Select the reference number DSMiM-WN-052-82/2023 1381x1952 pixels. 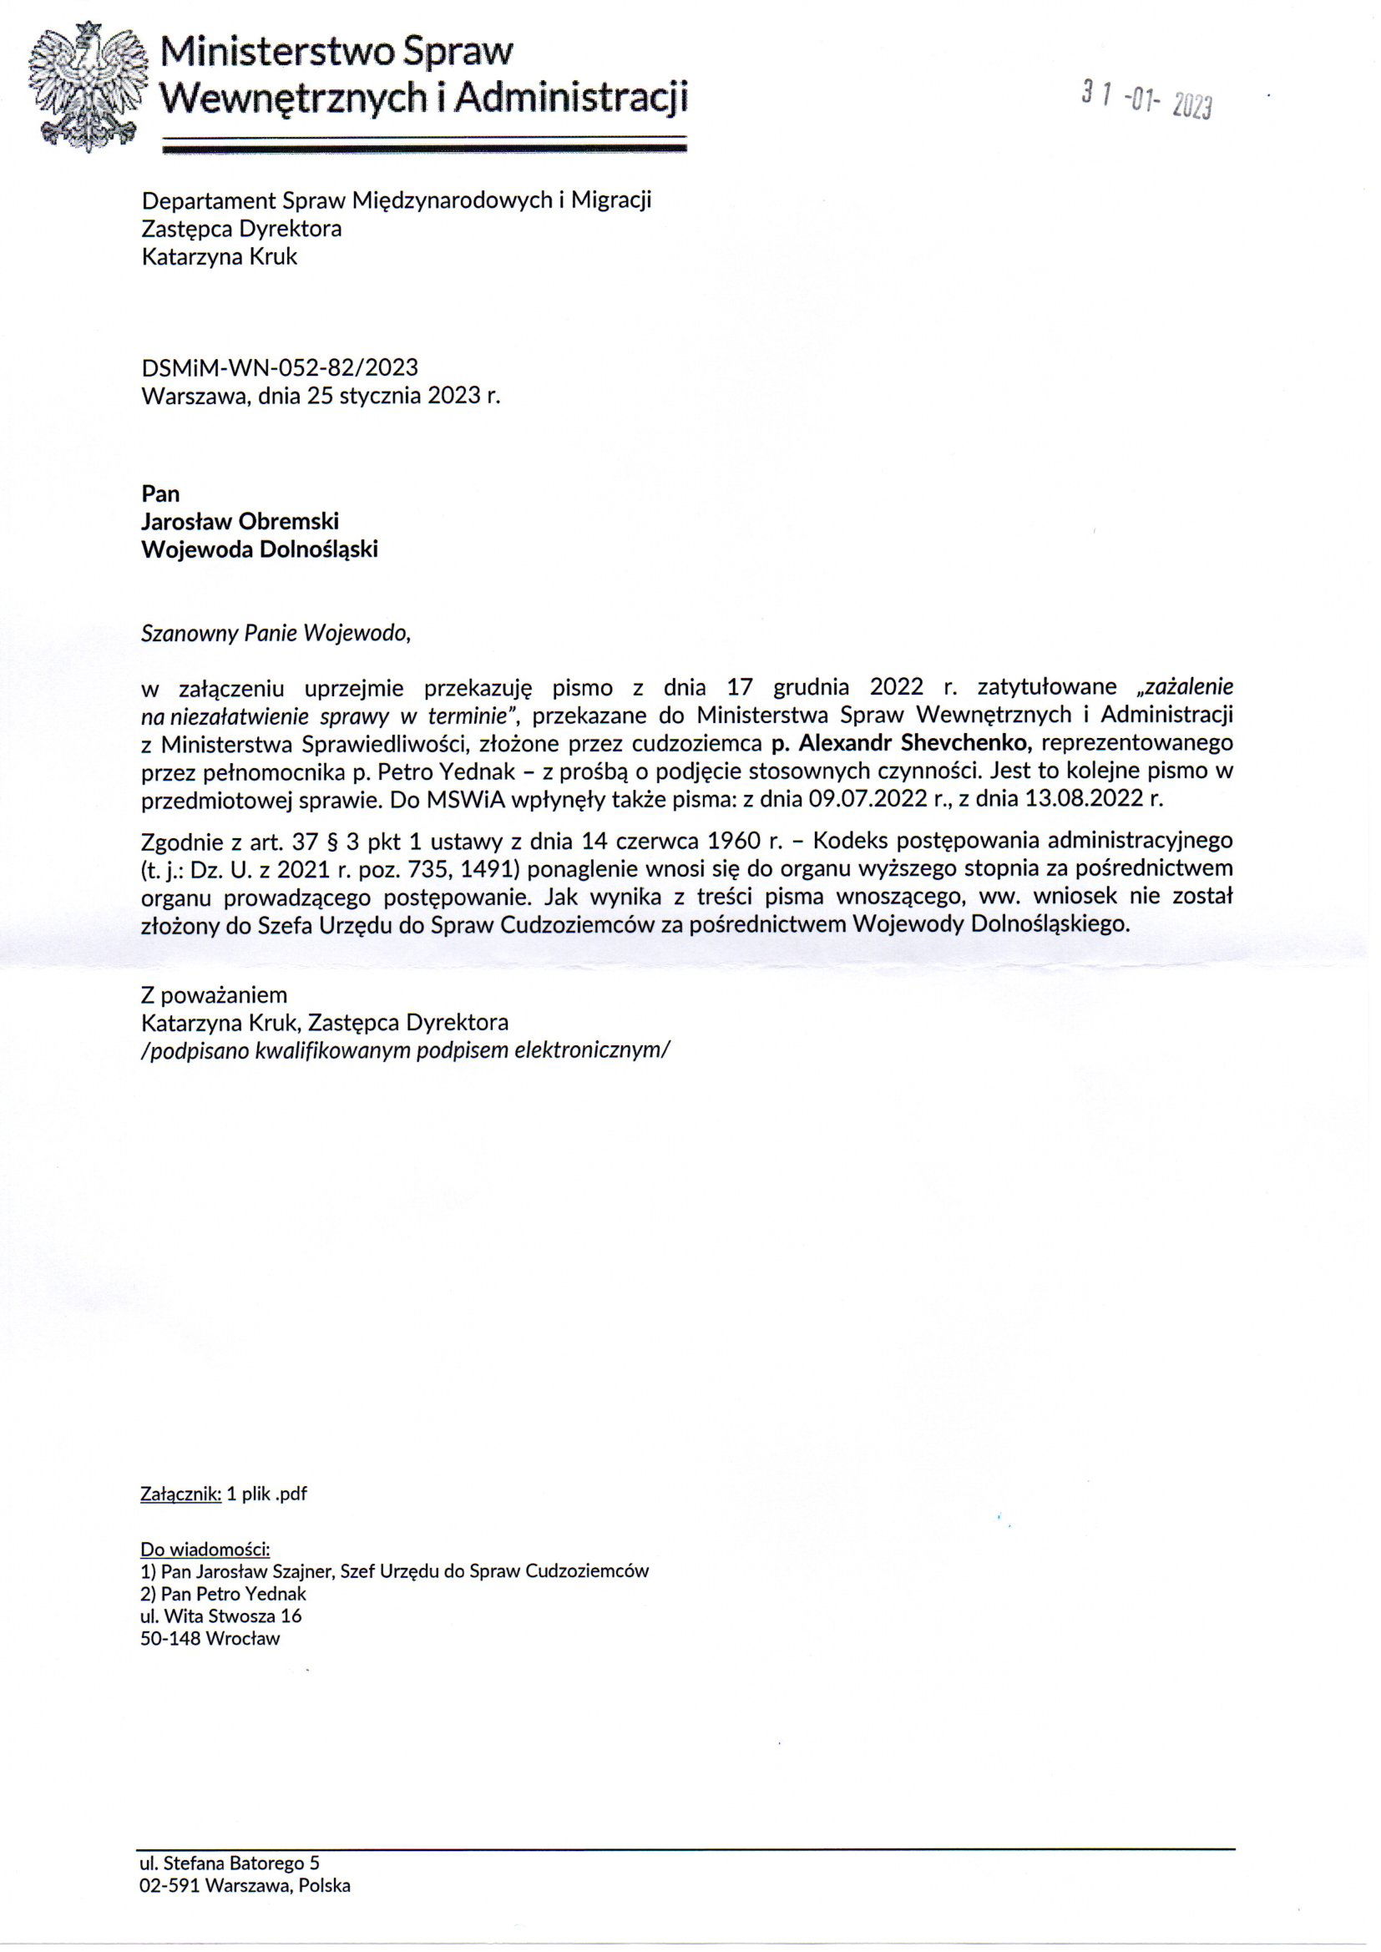(x=279, y=367)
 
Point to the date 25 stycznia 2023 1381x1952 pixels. (x=395, y=396)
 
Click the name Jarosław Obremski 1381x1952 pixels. (x=240, y=521)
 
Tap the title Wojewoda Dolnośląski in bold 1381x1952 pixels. (x=259, y=549)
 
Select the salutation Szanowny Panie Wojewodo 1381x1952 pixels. (x=276, y=634)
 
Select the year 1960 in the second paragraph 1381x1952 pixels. (x=738, y=841)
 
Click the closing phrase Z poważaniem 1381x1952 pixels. (x=214, y=994)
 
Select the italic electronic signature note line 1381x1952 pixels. (x=406, y=1051)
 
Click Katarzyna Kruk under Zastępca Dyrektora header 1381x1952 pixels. (x=220, y=257)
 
